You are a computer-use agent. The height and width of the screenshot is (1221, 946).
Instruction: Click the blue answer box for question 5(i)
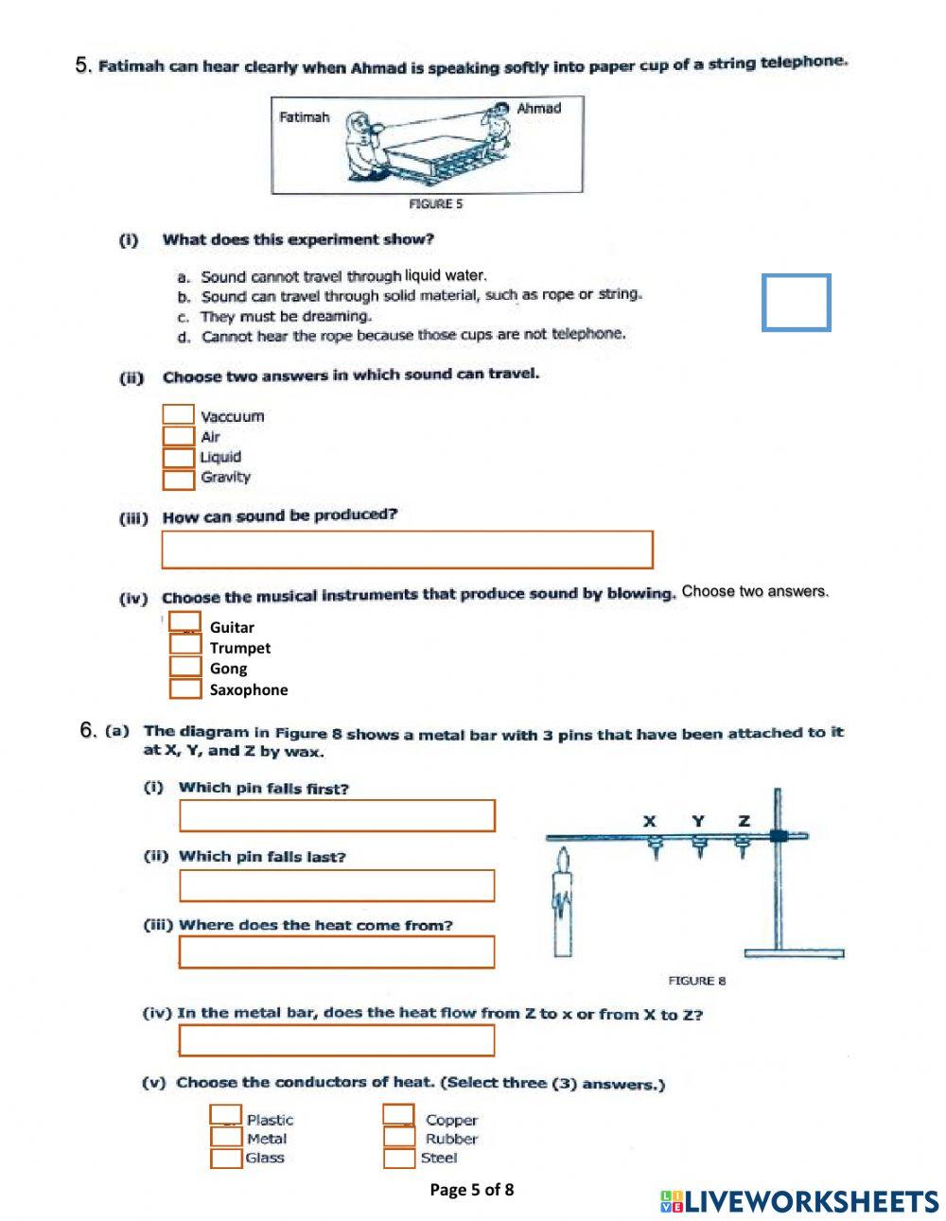tap(796, 303)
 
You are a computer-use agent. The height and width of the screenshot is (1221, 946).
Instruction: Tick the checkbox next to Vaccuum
tap(178, 414)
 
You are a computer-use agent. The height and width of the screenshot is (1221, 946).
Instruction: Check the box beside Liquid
tap(178, 458)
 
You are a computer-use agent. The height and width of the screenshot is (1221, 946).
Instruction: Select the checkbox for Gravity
tap(178, 480)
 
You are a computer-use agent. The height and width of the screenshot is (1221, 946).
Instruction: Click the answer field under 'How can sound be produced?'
tap(407, 549)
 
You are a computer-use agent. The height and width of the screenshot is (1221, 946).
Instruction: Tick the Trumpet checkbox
tap(185, 645)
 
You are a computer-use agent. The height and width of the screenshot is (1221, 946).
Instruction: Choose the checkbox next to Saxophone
tap(185, 689)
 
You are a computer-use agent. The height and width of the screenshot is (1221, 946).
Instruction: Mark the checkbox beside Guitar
tap(185, 622)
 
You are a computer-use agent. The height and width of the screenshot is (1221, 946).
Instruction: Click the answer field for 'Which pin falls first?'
tap(337, 816)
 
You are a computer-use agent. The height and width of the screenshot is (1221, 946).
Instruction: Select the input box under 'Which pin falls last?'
tap(337, 885)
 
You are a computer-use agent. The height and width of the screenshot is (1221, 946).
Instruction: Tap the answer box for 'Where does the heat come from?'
tap(337, 952)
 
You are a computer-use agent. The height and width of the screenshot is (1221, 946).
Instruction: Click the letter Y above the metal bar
tap(698, 821)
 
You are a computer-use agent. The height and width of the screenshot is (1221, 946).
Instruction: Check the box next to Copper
tap(398, 1116)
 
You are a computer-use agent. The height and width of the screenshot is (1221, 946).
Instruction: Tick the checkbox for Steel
tap(398, 1159)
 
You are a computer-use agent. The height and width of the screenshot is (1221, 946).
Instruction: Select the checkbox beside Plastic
tap(225, 1116)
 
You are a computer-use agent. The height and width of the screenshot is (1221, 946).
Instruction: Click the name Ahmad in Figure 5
tap(538, 109)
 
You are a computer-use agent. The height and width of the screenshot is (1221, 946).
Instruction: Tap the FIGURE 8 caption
tap(696, 981)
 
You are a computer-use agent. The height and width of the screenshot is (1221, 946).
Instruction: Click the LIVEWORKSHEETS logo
tap(799, 1201)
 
